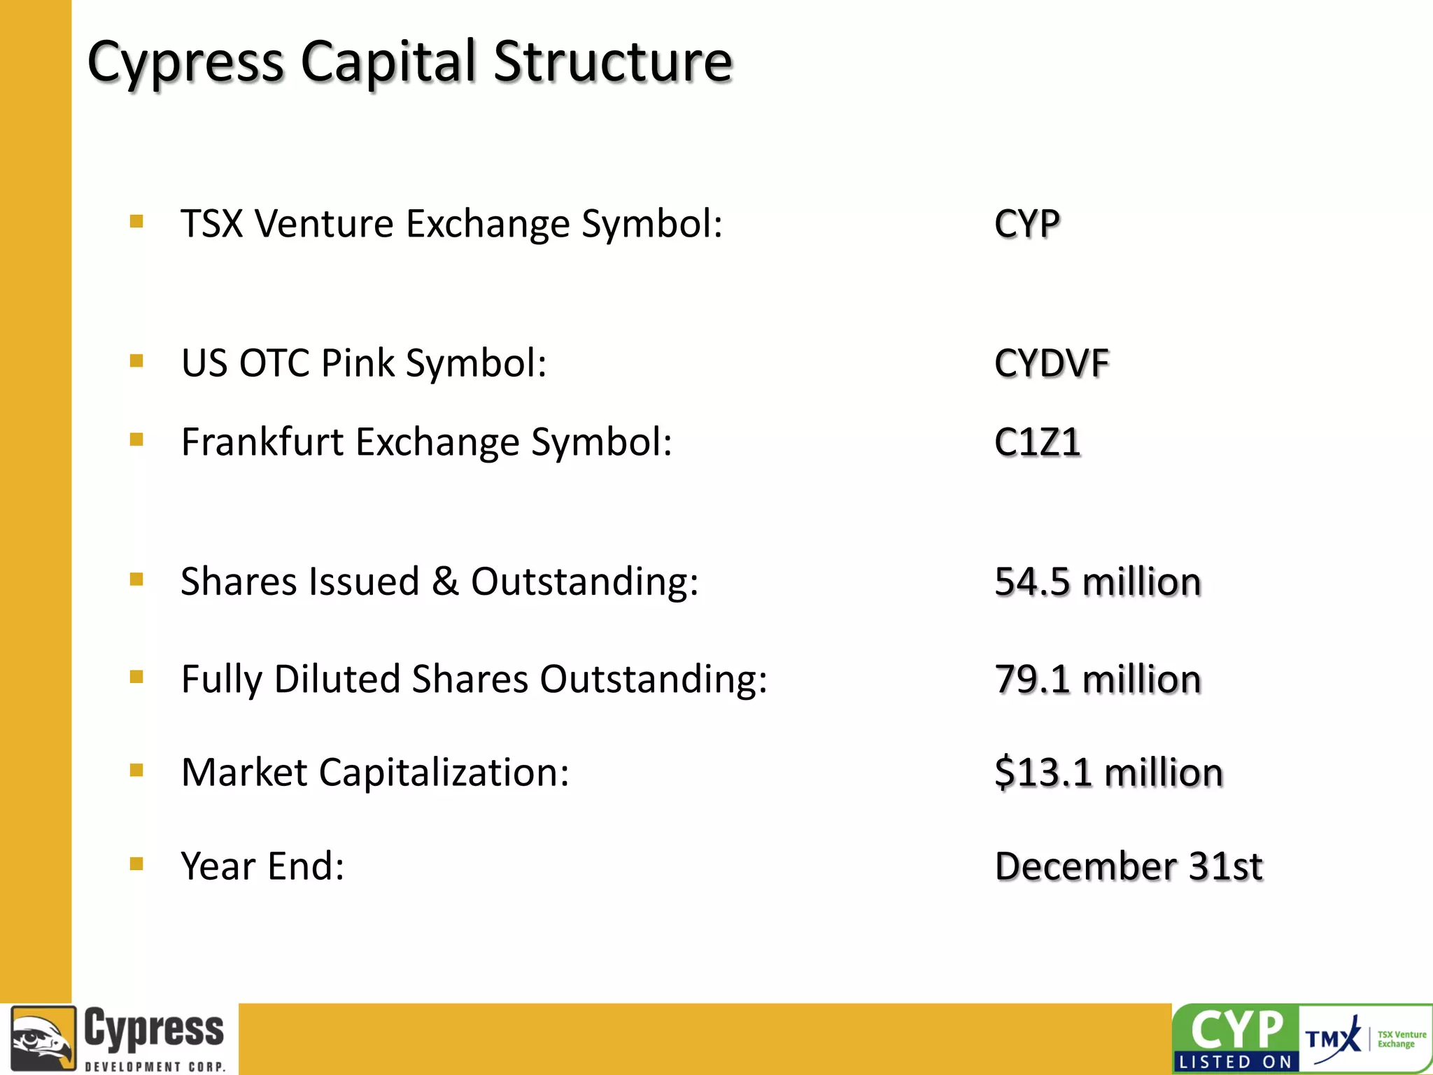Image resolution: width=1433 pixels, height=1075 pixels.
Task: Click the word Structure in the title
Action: (x=612, y=62)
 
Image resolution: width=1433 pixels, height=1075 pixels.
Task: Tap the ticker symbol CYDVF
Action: (x=1051, y=364)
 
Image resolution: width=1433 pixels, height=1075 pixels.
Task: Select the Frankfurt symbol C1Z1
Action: (x=1037, y=442)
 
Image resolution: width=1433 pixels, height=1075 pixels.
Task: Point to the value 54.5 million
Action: (x=1097, y=582)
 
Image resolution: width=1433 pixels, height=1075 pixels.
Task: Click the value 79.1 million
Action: (x=1097, y=679)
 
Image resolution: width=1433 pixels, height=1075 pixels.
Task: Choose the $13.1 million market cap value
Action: (x=1108, y=772)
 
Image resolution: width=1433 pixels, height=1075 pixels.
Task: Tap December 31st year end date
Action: (x=1128, y=866)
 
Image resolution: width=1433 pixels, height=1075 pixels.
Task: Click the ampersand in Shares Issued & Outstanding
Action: (x=445, y=582)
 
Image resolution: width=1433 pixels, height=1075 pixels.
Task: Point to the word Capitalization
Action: (x=444, y=773)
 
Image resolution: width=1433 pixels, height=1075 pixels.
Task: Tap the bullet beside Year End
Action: (x=136, y=864)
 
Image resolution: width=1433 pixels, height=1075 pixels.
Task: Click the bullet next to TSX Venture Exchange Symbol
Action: (x=136, y=222)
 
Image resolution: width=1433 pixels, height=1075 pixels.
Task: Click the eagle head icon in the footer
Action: (x=43, y=1039)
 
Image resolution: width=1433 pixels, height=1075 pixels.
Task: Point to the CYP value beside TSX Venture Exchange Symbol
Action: (x=1026, y=225)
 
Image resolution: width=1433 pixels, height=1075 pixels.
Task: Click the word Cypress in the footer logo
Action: (x=154, y=1029)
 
